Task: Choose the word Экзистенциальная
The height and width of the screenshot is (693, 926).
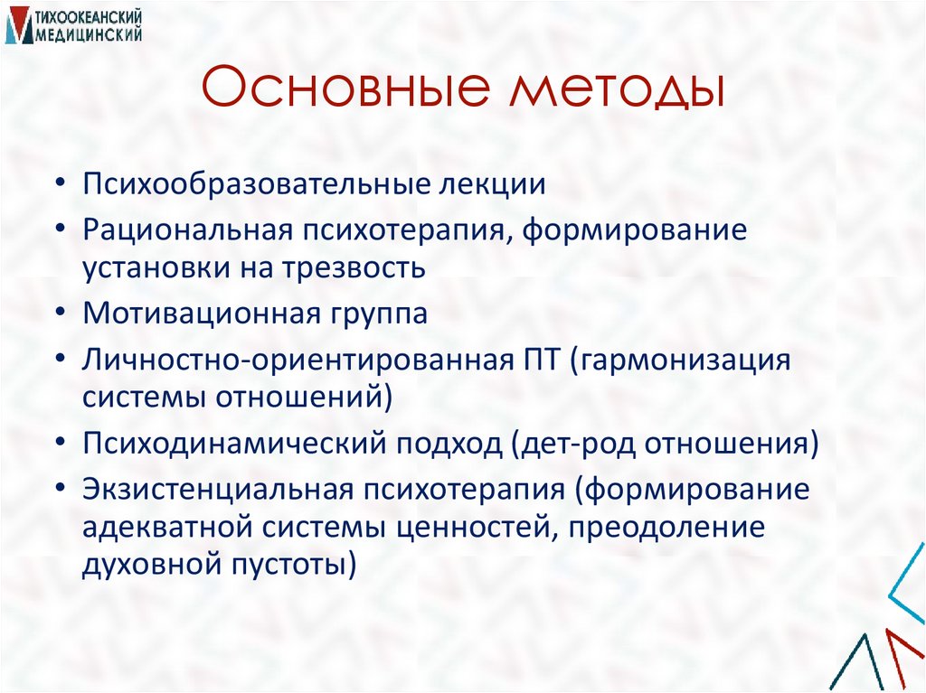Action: [217, 489]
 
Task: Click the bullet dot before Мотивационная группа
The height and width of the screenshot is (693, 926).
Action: [59, 314]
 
